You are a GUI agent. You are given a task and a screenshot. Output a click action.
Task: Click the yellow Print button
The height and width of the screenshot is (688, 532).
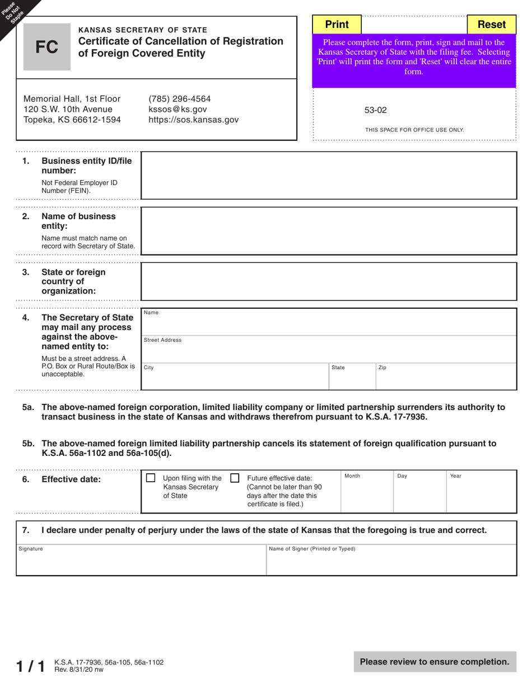pyautogui.click(x=337, y=25)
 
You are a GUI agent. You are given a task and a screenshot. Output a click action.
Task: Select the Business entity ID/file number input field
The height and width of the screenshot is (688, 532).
pyautogui.click(x=329, y=175)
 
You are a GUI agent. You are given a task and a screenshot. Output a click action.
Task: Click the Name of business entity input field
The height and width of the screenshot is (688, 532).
pyautogui.click(x=329, y=230)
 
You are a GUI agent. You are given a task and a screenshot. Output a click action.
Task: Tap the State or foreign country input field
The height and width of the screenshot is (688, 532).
pyautogui.click(x=329, y=281)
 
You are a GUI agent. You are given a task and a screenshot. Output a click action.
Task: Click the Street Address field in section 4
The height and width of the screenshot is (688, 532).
pyautogui.click(x=329, y=350)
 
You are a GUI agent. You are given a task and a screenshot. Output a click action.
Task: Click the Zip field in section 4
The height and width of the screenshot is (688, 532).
pyautogui.click(x=445, y=376)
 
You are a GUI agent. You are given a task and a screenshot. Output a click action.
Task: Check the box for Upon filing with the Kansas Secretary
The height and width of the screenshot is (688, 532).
pyautogui.click(x=151, y=478)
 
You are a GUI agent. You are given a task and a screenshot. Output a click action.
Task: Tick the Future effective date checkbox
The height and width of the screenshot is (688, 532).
pyautogui.click(x=235, y=478)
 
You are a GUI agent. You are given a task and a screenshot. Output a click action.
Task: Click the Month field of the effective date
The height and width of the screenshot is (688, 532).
pyautogui.click(x=367, y=492)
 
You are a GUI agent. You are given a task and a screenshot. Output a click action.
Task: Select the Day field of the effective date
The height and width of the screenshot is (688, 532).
pyautogui.click(x=419, y=492)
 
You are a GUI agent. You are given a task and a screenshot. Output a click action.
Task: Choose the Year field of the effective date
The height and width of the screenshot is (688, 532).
pyautogui.click(x=480, y=492)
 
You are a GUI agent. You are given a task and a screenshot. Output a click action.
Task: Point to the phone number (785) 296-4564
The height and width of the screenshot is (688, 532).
pyautogui.click(x=179, y=98)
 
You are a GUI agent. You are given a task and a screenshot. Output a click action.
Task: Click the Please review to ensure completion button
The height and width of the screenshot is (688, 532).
pyautogui.click(x=435, y=662)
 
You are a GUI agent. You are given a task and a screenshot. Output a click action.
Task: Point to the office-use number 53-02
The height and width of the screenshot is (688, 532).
pyautogui.click(x=376, y=110)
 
